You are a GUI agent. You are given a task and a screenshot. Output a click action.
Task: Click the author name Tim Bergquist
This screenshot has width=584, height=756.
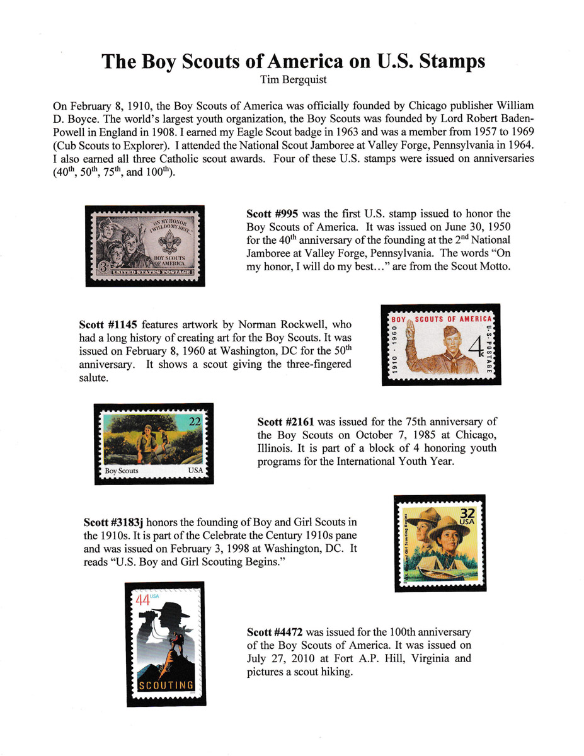[292, 79]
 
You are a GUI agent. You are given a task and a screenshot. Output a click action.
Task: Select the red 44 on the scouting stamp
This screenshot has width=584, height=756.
[143, 600]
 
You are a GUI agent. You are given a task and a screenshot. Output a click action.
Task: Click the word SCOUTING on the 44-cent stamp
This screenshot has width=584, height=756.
[166, 685]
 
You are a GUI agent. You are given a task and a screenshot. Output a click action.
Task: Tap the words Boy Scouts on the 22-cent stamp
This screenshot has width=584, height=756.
[122, 471]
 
